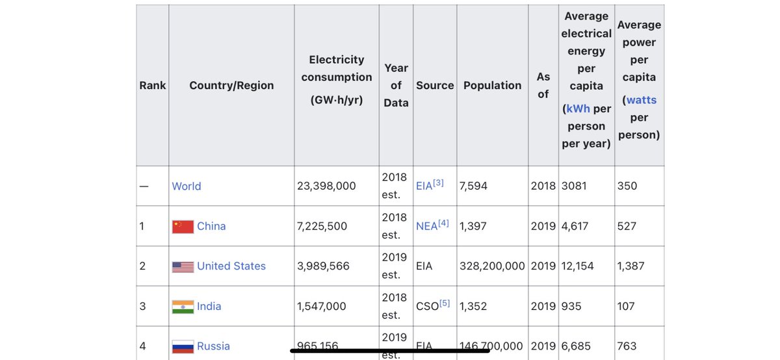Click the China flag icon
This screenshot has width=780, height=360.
pos(183,226)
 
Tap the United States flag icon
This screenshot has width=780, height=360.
pos(183,266)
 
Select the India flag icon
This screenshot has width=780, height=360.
pos(183,307)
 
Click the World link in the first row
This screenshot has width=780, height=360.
pos(187,186)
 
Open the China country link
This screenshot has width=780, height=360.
pos(211,226)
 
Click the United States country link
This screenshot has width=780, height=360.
pos(231,266)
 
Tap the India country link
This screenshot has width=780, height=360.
pos(209,306)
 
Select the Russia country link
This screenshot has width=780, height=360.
pos(213,346)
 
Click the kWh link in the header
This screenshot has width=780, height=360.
pos(578,109)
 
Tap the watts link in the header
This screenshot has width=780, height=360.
pos(641,100)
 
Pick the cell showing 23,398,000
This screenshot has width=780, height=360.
pos(326,186)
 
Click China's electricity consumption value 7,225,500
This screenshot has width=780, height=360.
pos(322,226)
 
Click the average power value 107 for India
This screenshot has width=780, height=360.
pos(626,306)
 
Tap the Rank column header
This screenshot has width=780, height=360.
pos(153,85)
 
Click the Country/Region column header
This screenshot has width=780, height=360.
pos(231,85)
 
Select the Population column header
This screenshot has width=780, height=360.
pos(492,85)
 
